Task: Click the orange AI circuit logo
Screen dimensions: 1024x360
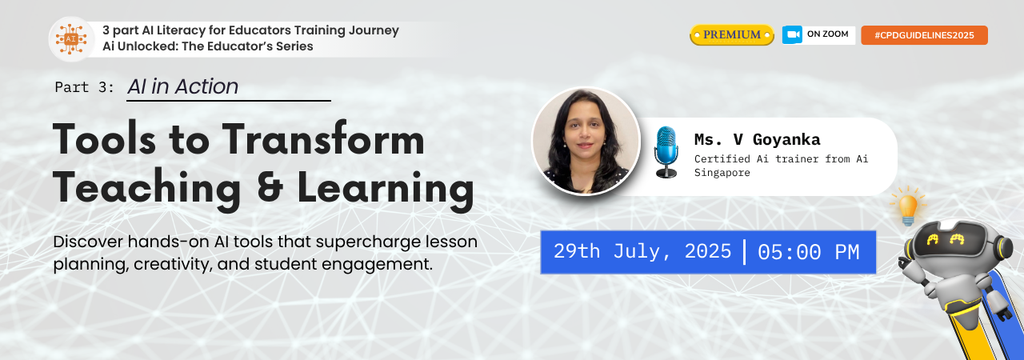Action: pyautogui.click(x=71, y=39)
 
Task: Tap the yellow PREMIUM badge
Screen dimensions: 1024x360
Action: pyautogui.click(x=731, y=34)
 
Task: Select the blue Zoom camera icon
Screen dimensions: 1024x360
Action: pyautogui.click(x=792, y=34)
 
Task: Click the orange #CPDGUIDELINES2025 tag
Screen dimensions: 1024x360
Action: pyautogui.click(x=924, y=35)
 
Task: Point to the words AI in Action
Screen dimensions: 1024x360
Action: pyautogui.click(x=183, y=86)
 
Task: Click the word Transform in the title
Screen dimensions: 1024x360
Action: pyautogui.click(x=324, y=139)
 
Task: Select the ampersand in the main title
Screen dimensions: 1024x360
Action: pyautogui.click(x=270, y=186)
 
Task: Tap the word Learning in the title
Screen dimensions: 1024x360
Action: pyautogui.click(x=386, y=189)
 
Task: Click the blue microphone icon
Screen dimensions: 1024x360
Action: pyautogui.click(x=666, y=152)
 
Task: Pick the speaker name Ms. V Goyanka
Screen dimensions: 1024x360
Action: pyautogui.click(x=757, y=139)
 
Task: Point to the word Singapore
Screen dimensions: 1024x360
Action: pyautogui.click(x=722, y=173)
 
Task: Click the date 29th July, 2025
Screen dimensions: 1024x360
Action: pyautogui.click(x=642, y=251)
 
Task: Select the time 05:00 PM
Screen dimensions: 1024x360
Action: pyautogui.click(x=808, y=252)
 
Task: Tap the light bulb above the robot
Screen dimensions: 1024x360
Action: pyautogui.click(x=908, y=206)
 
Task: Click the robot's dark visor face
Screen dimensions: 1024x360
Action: pyautogui.click(x=945, y=240)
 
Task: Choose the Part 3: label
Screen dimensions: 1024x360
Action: pyautogui.click(x=84, y=87)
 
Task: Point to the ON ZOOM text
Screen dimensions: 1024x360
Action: pyautogui.click(x=827, y=34)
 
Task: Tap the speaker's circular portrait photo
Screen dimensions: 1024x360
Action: pyautogui.click(x=586, y=141)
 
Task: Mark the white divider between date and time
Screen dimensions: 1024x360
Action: pyautogui.click(x=745, y=252)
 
